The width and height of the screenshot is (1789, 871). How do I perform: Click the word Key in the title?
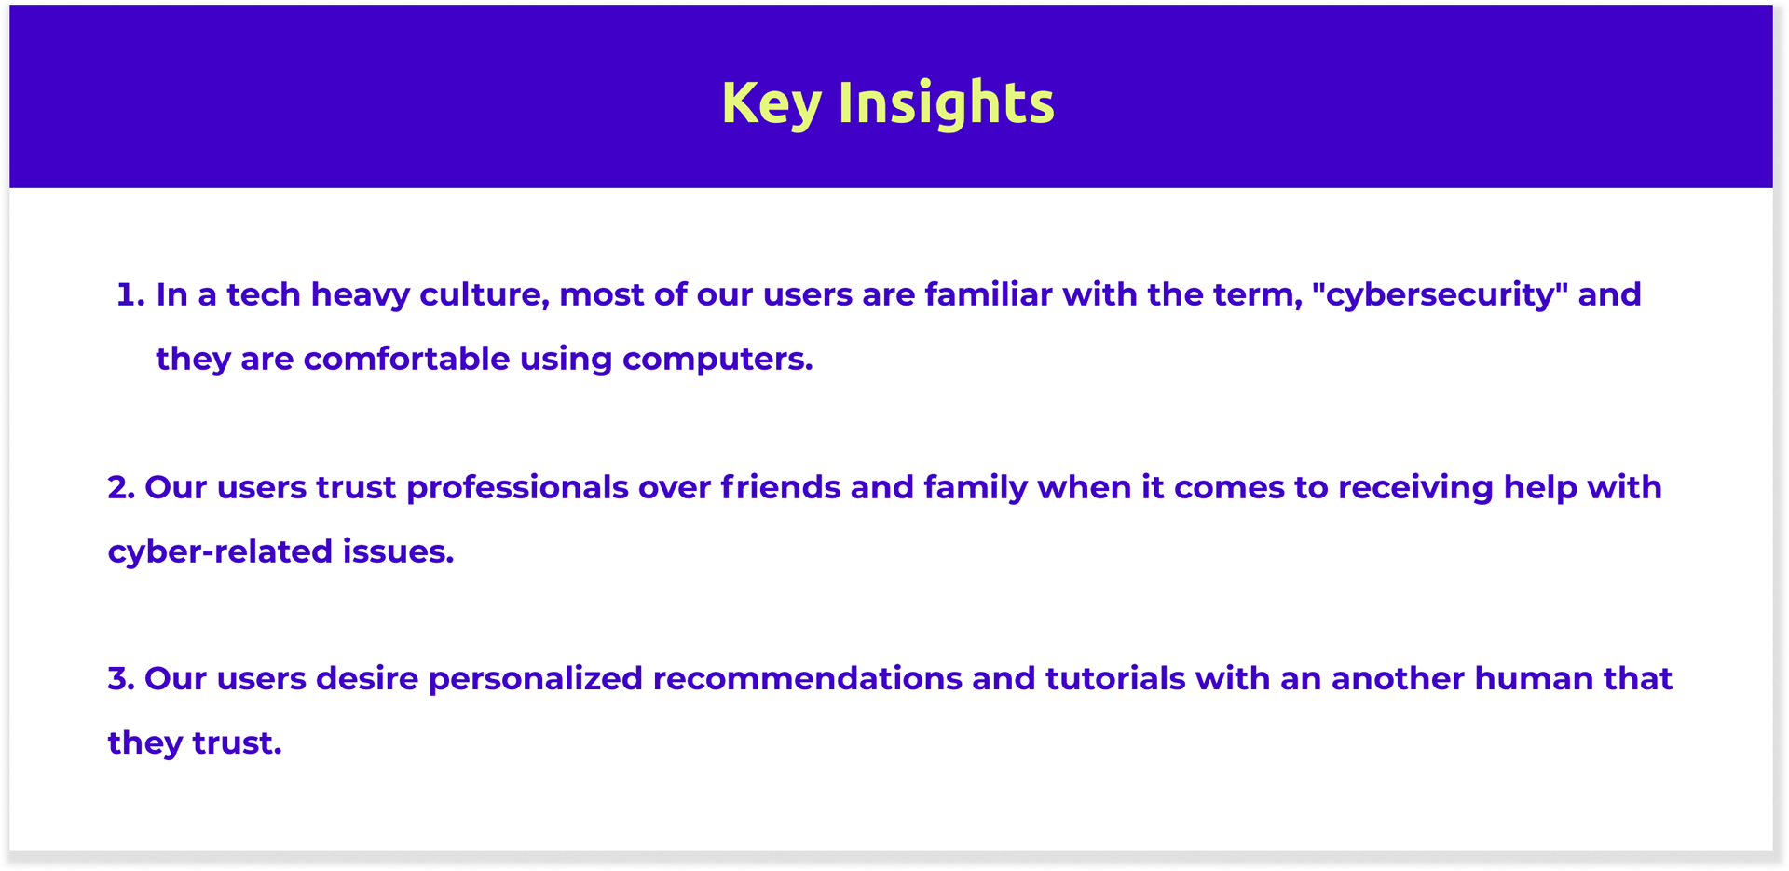772,102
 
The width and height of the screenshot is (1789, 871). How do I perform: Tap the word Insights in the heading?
947,102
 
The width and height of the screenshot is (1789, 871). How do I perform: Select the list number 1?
130,295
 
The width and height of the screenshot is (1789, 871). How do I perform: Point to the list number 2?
121,488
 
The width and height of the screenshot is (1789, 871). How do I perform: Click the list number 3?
121,679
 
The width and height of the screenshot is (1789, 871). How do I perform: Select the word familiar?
988,294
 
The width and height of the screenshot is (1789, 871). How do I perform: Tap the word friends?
781,487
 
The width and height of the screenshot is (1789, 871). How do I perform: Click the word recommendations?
807,678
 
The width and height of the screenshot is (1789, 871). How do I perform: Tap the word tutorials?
1115,678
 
